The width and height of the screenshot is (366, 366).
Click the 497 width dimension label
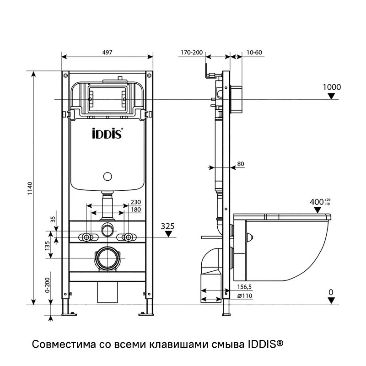click(x=108, y=53)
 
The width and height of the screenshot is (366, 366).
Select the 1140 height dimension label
click(x=30, y=189)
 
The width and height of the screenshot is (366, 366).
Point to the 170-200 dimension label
click(x=191, y=53)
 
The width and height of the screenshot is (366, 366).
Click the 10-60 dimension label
click(x=253, y=53)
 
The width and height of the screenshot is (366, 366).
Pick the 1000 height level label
click(x=332, y=87)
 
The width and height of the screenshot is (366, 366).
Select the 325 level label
click(x=169, y=225)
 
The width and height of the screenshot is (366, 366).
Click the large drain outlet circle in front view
click(x=108, y=258)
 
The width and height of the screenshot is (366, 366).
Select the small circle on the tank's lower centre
click(x=108, y=176)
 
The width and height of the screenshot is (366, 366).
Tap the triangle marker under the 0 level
click(x=332, y=300)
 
